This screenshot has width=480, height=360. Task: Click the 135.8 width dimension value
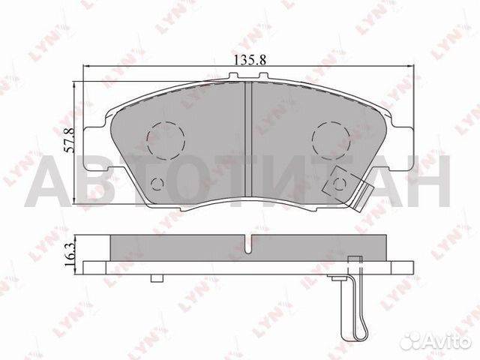[251, 55]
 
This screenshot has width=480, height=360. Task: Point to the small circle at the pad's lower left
[157, 185]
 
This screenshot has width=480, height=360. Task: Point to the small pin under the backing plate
[156, 278]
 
